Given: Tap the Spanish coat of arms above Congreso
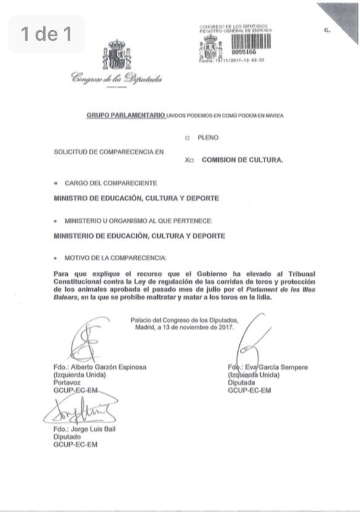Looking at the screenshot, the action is click(116, 55).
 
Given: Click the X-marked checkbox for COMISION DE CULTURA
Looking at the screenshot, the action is click(192, 160).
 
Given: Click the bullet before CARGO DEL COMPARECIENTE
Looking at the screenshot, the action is click(57, 183).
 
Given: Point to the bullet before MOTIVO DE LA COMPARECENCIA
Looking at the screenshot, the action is click(57, 257).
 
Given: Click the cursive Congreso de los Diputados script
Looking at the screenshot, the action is click(117, 78).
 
